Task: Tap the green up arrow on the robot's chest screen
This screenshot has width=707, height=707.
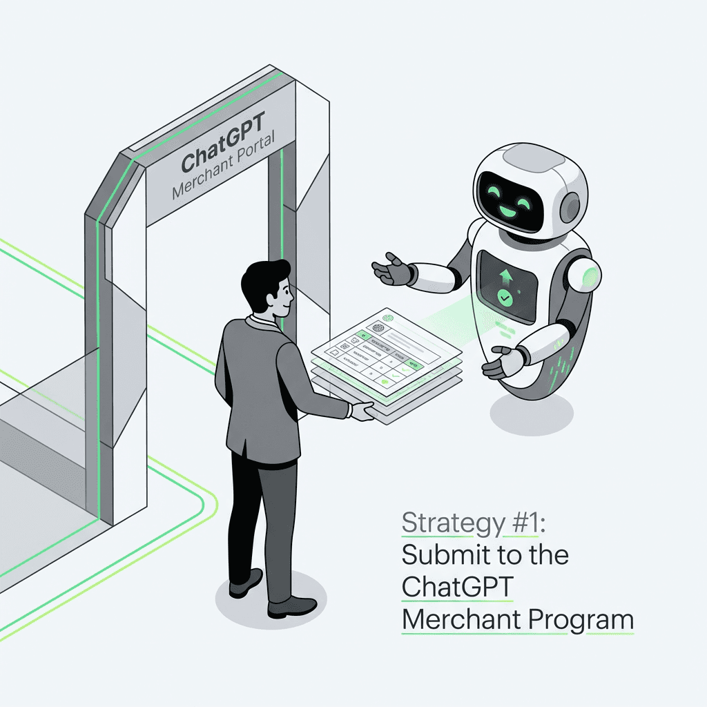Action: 506,278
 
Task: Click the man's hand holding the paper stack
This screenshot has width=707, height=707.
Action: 360,411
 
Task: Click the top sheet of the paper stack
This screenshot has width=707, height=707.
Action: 387,345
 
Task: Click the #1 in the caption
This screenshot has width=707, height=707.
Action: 524,524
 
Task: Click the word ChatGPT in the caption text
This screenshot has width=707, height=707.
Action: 457,587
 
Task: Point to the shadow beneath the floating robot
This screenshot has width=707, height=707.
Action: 532,414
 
